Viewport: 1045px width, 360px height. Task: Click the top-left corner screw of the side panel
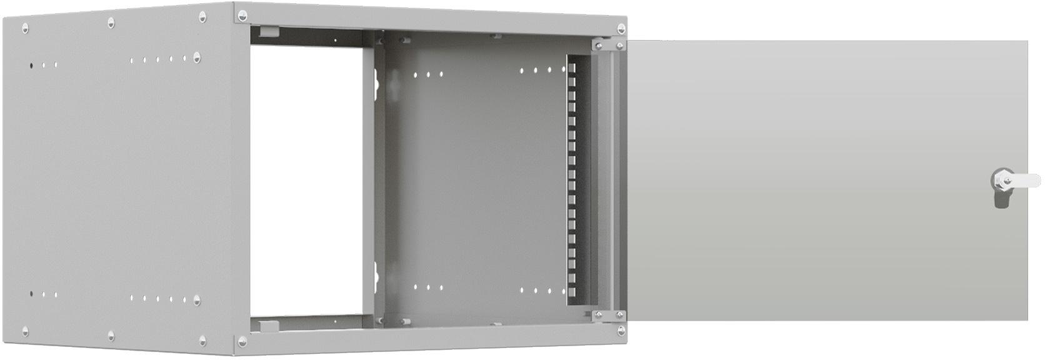point(25,27)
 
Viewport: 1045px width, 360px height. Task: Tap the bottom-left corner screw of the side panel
point(25,331)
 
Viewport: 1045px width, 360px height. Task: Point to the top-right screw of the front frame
point(621,28)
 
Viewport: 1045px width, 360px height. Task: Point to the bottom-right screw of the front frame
point(621,330)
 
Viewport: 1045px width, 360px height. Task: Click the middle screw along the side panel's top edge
point(111,22)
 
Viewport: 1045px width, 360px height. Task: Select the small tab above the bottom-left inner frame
point(267,325)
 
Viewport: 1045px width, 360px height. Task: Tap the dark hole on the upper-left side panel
point(31,64)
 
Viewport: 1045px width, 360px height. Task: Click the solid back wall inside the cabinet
point(475,181)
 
